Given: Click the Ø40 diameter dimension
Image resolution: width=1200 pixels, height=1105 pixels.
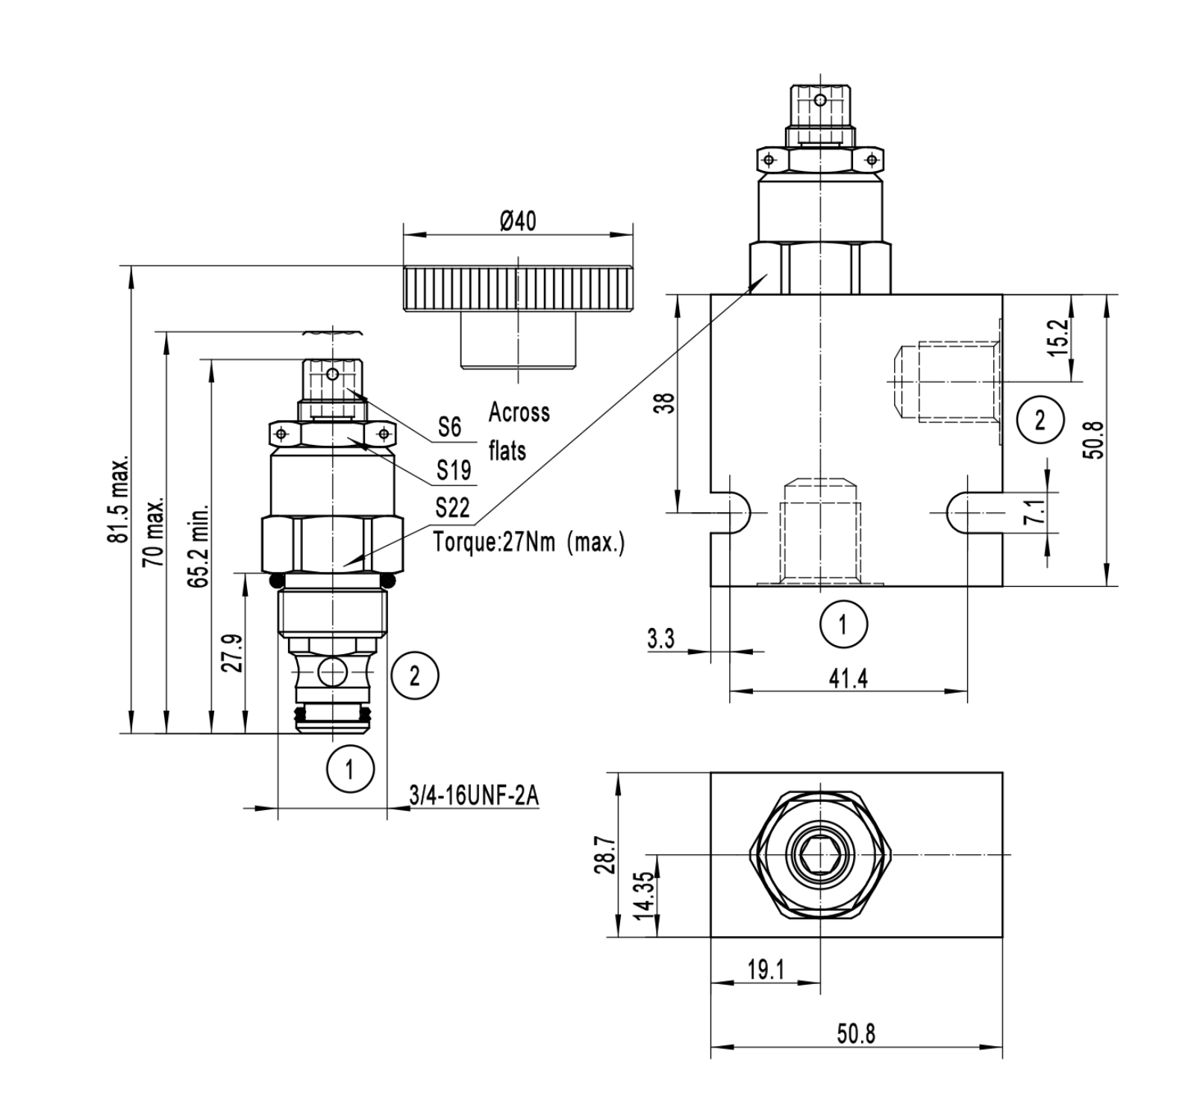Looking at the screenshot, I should tap(518, 222).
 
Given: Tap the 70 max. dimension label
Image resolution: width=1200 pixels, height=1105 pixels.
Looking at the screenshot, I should tap(155, 532).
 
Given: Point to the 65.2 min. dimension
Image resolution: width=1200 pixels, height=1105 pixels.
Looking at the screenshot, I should tap(199, 544).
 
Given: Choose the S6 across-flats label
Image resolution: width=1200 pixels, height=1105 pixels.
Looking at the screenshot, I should tap(449, 427).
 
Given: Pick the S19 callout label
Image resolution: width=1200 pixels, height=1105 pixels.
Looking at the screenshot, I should tap(453, 470).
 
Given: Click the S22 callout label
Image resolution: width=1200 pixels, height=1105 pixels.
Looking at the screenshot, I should tap(452, 508).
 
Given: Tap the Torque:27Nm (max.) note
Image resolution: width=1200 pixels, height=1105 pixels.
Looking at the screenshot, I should tap(529, 541).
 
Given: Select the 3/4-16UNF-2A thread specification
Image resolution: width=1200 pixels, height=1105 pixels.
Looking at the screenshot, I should tap(473, 797).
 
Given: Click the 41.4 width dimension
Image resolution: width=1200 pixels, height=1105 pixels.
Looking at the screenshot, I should tap(849, 679).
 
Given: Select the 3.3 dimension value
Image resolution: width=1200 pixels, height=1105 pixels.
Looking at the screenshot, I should tap(660, 639).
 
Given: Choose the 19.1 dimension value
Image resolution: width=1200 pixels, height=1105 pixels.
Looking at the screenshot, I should tap(766, 970).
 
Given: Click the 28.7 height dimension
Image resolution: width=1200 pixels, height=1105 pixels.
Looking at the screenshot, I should tap(606, 855).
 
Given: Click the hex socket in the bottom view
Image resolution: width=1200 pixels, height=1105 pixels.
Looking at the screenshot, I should tap(819, 853).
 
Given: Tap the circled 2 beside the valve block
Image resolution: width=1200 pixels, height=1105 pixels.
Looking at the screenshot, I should tap(1039, 420).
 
